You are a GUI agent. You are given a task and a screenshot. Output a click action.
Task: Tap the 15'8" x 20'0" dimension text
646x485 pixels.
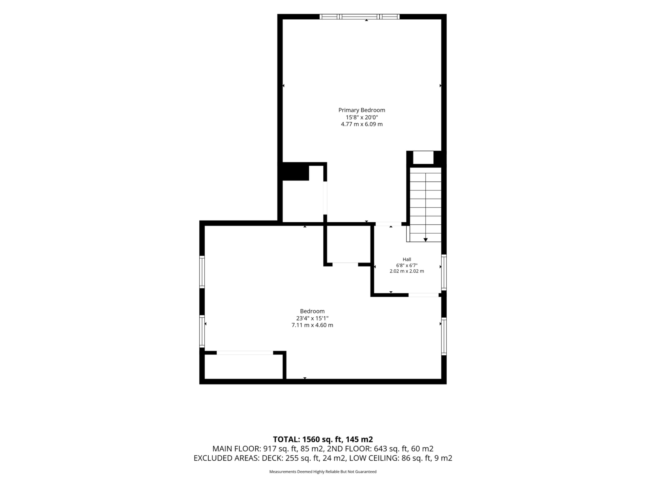pyautogui.click(x=362, y=117)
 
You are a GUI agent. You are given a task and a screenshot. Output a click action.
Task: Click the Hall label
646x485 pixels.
pyautogui.click(x=407, y=259)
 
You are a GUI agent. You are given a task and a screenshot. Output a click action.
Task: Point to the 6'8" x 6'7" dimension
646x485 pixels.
pyautogui.click(x=407, y=265)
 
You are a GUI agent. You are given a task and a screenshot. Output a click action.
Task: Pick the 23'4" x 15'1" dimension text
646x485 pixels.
pyautogui.click(x=312, y=318)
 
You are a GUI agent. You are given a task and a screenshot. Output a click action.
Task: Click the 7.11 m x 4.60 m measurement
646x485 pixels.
pyautogui.click(x=312, y=325)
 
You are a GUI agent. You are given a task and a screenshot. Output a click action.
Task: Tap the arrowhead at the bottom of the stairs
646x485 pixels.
pyautogui.click(x=425, y=240)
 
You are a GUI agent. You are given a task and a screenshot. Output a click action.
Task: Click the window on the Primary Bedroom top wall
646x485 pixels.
pyautogui.click(x=360, y=17)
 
